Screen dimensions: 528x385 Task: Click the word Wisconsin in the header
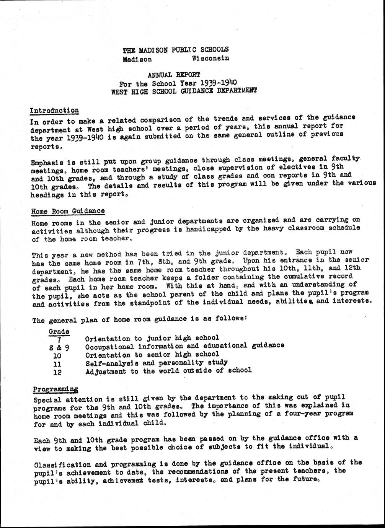pos(210,58)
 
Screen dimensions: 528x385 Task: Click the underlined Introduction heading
pos(54,111)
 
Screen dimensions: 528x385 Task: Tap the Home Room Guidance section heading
pos(68,211)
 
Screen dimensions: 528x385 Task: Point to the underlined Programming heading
pos(55,389)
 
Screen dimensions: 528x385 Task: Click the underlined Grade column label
pos(59,331)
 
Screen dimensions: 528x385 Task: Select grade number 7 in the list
pos(59,338)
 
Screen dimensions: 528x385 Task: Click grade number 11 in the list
pos(57,363)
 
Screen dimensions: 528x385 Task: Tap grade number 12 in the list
pos(57,372)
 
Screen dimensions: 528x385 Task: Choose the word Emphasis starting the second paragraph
pos(46,162)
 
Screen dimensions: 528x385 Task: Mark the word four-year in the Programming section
pos(301,414)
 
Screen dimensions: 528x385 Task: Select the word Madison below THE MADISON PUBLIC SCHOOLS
pos(137,59)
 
